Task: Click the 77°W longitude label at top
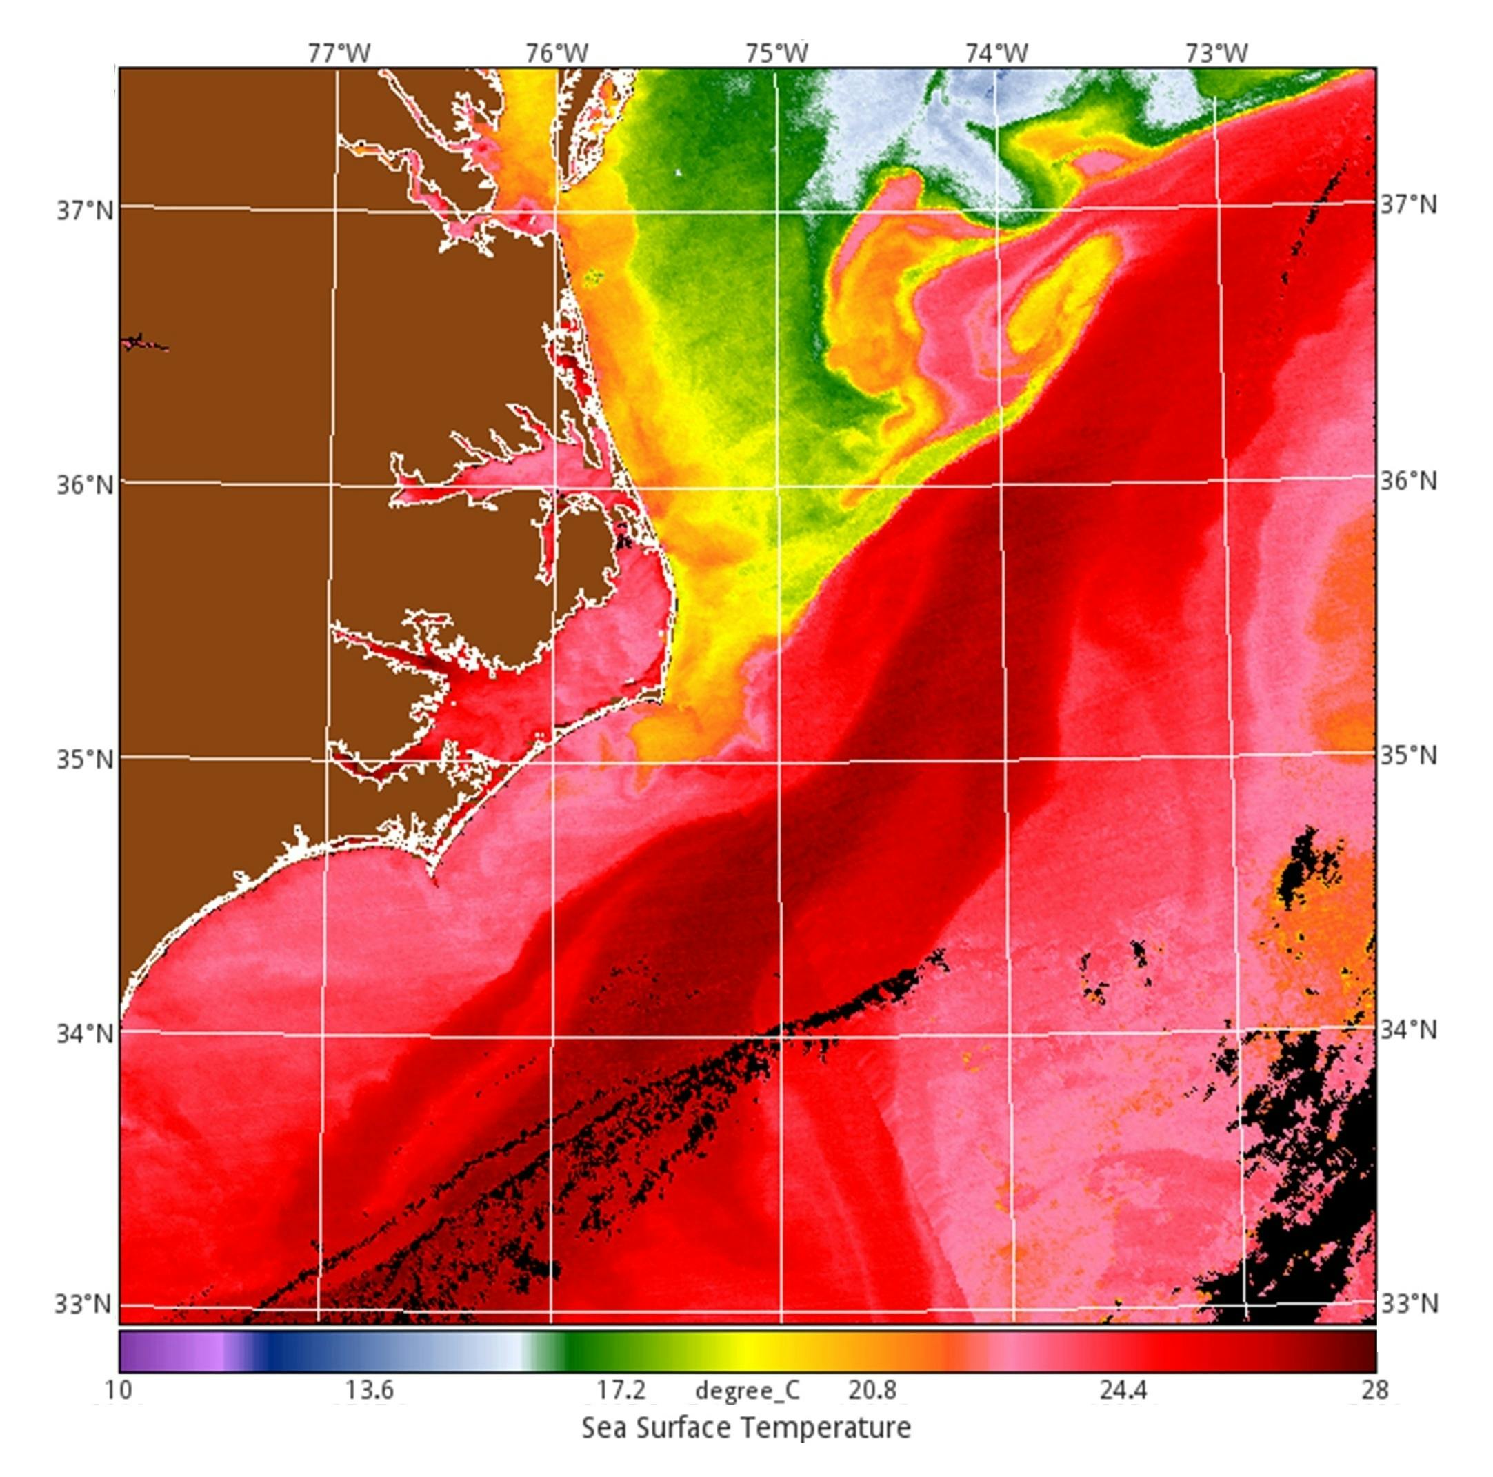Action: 339,52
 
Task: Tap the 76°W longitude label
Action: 557,52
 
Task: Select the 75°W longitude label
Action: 776,52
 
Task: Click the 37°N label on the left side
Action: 84,210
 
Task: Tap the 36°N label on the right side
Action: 1409,482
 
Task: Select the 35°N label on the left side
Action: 84,758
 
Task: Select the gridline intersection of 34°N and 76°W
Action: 551,1033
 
